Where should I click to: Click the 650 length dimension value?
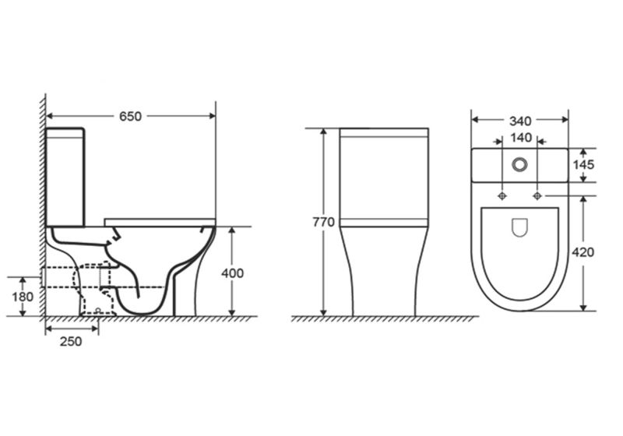[x=130, y=116]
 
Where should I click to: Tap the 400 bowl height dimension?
[x=232, y=273]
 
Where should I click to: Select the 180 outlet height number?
[x=23, y=297]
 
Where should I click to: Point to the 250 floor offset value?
[x=71, y=341]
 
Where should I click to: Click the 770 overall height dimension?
[x=323, y=223]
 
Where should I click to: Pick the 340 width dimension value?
[x=520, y=121]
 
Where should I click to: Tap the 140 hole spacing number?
[x=521, y=137]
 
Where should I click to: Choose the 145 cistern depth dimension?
[x=583, y=164]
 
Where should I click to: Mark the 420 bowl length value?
[x=583, y=252]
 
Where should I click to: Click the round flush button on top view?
[x=519, y=164]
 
